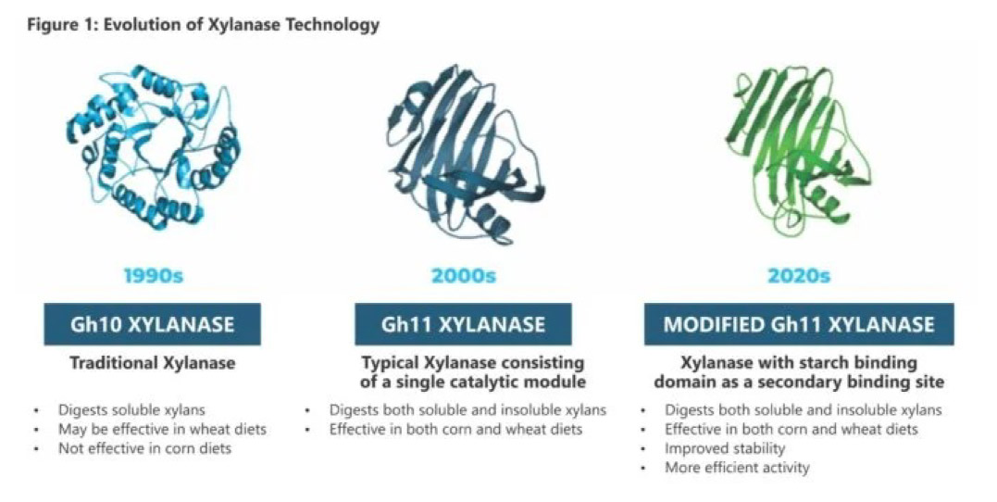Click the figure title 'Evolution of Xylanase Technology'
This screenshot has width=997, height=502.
pos(241,25)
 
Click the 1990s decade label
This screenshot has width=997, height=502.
pos(154,275)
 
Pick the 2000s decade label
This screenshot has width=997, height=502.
pos(464,275)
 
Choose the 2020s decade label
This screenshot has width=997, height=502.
pos(799,275)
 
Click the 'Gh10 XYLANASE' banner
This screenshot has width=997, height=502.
pos(152,324)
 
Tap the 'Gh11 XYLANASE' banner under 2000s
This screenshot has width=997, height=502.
pos(463,324)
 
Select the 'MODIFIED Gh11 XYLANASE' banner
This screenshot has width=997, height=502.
pos(799,324)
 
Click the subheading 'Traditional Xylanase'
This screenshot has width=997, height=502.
pos(153,363)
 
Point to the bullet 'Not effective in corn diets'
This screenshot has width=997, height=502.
pos(145,448)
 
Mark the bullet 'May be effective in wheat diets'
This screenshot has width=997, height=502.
pos(162,430)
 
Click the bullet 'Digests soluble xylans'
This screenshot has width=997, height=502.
pos(131,410)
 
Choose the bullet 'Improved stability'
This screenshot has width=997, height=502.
pos(725,448)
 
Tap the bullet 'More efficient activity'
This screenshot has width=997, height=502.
pos(737,468)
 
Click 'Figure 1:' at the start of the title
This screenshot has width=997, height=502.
pos(62,25)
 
